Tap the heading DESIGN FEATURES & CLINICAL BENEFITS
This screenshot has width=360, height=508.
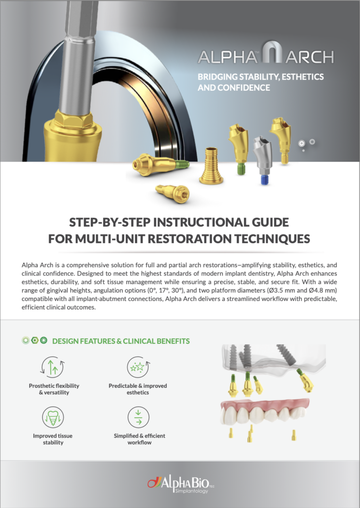pos(121,341)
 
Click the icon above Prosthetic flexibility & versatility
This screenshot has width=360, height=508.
pos(53,367)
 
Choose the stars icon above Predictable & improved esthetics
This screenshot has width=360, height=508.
pos(138,367)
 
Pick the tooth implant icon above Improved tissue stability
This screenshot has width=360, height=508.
pos(53,417)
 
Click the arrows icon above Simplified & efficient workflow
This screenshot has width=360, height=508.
pos(138,417)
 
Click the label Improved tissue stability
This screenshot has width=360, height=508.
pos(53,439)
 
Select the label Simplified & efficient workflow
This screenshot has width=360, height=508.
pos(140,439)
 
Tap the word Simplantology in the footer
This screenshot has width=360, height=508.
pos(191,491)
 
